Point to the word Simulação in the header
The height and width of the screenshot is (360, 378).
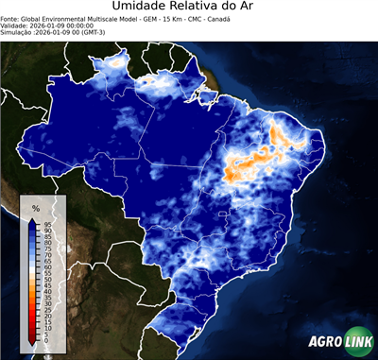pyautogui.click(x=20, y=33)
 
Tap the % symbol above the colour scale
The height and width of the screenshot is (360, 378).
pyautogui.click(x=36, y=207)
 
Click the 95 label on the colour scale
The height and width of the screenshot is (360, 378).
pyautogui.click(x=46, y=223)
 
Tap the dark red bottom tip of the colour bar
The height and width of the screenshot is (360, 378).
pyautogui.click(x=32, y=340)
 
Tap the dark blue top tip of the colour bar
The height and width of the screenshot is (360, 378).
pyautogui.click(x=32, y=221)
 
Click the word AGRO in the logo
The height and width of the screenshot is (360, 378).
pyautogui.click(x=327, y=343)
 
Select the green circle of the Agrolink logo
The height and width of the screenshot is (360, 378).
pyautogui.click(x=361, y=343)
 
